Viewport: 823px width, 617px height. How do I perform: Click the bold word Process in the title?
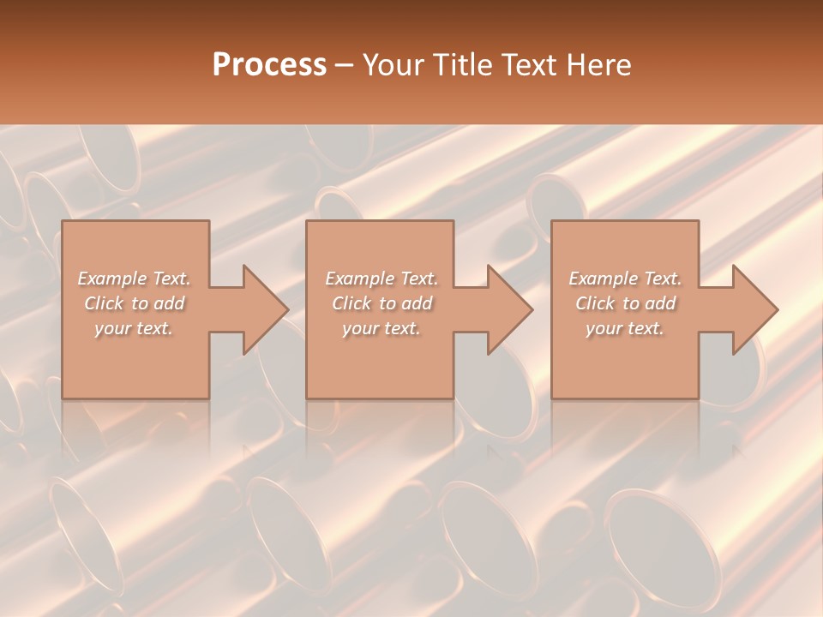coord(269,65)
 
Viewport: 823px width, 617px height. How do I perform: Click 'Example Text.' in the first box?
coord(135,279)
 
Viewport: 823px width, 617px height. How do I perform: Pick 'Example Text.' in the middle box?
coord(381,279)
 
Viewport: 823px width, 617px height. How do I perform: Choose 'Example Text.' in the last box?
coord(625,279)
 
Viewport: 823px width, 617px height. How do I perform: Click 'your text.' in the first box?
coord(134,328)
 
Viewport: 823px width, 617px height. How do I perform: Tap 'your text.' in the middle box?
coord(381,328)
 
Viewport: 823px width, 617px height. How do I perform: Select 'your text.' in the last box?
coord(625,328)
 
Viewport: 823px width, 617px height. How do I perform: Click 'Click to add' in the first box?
coord(135,303)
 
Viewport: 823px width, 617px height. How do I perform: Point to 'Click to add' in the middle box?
coord(381,303)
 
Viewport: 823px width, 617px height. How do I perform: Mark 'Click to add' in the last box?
coord(625,303)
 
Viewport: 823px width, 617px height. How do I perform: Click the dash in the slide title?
coord(345,65)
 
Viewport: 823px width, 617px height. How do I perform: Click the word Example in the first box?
coord(112,279)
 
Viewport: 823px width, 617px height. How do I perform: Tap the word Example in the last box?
coord(603,279)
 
